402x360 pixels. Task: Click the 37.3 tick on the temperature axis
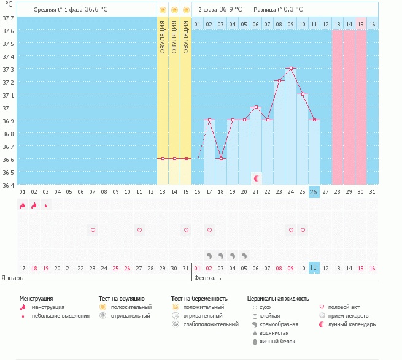[x=8, y=69]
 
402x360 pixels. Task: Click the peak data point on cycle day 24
[x=291, y=68]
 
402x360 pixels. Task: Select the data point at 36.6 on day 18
[x=221, y=158]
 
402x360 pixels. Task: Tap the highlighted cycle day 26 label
[x=314, y=191]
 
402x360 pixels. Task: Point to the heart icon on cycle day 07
[x=93, y=230]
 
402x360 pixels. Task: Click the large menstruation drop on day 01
[x=23, y=206]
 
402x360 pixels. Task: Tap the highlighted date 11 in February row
[x=314, y=267]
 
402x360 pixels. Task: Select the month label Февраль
[x=207, y=278]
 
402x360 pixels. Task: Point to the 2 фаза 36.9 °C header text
[x=220, y=10]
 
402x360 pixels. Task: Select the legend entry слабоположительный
[x=210, y=324]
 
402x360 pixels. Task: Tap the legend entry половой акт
[x=345, y=307]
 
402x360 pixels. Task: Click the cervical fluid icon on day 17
[x=209, y=255]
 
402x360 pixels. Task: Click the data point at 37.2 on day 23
[x=279, y=81]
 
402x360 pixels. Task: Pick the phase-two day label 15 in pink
[x=361, y=24]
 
